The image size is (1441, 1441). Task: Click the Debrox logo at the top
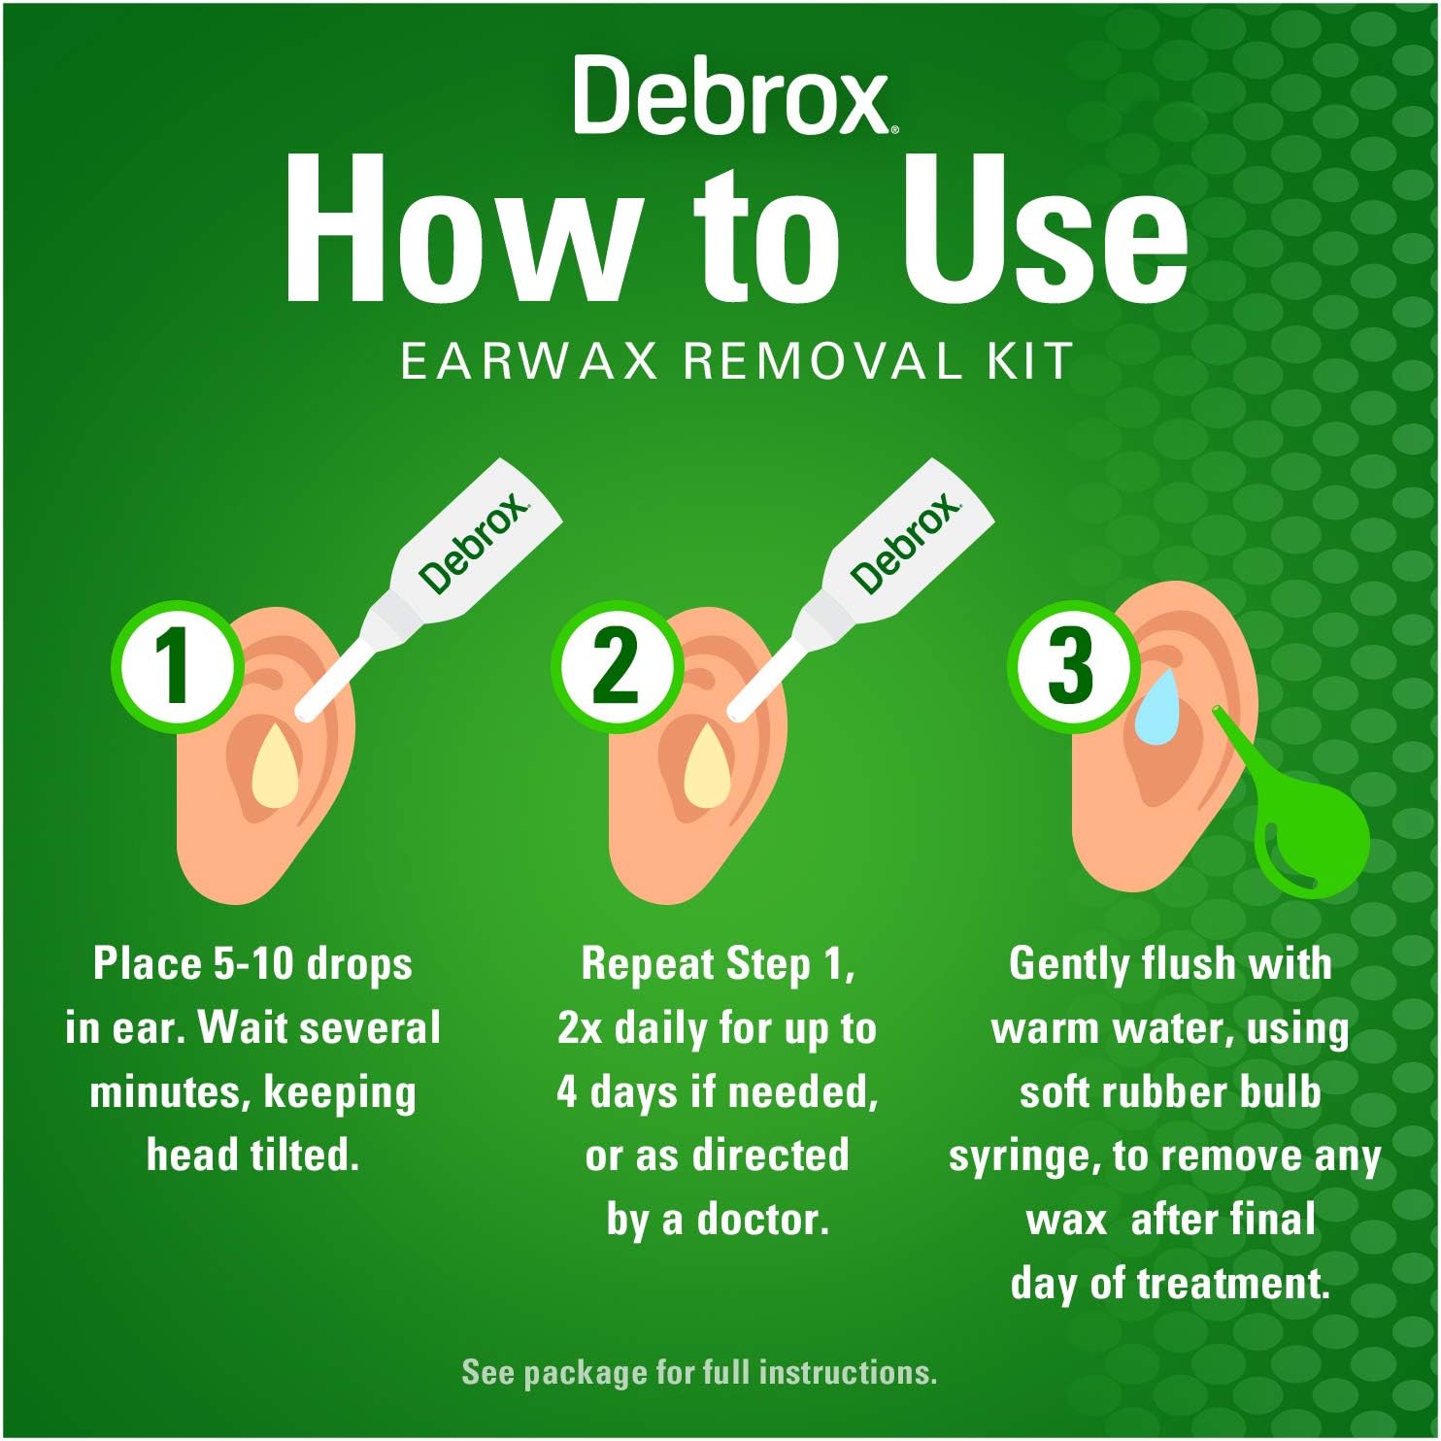pos(730,96)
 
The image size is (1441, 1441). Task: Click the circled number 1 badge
pos(176,666)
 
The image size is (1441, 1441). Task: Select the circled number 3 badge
pos(1071,666)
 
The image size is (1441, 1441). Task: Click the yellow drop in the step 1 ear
pos(275,767)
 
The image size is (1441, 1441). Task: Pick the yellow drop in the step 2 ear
pos(707,767)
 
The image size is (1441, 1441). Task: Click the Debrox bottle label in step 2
pos(906,543)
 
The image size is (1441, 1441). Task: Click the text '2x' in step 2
pos(580,1028)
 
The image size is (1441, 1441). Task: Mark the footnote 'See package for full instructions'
pos(699,1372)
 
